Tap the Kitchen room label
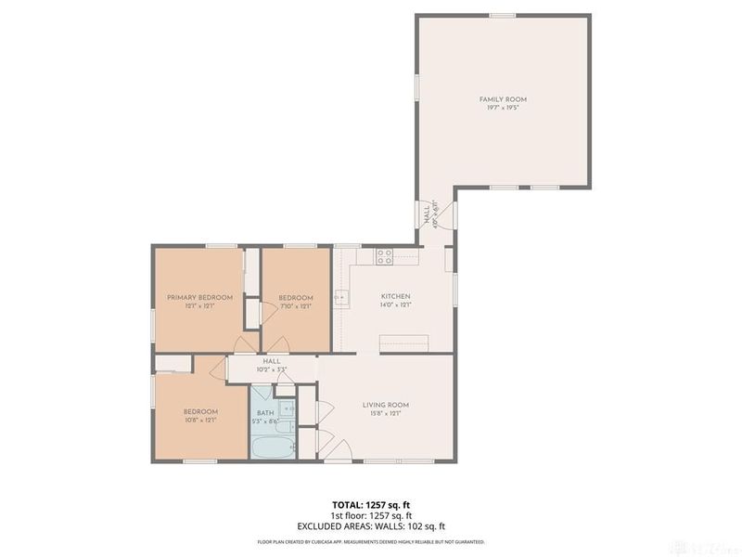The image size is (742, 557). tap(395, 296)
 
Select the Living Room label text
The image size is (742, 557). tap(385, 405)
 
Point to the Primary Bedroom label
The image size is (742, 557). tap(198, 297)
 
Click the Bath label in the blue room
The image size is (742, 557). tap(265, 413)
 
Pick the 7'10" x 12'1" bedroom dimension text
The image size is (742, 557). tap(296, 305)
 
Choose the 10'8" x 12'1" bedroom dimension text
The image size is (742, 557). tap(199, 421)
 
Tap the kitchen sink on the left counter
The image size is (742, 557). tap(340, 298)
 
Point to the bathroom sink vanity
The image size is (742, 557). tap(288, 408)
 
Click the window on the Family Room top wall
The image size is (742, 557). tap(502, 15)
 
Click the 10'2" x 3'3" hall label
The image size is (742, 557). tap(271, 365)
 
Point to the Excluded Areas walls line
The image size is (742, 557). tap(370, 525)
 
